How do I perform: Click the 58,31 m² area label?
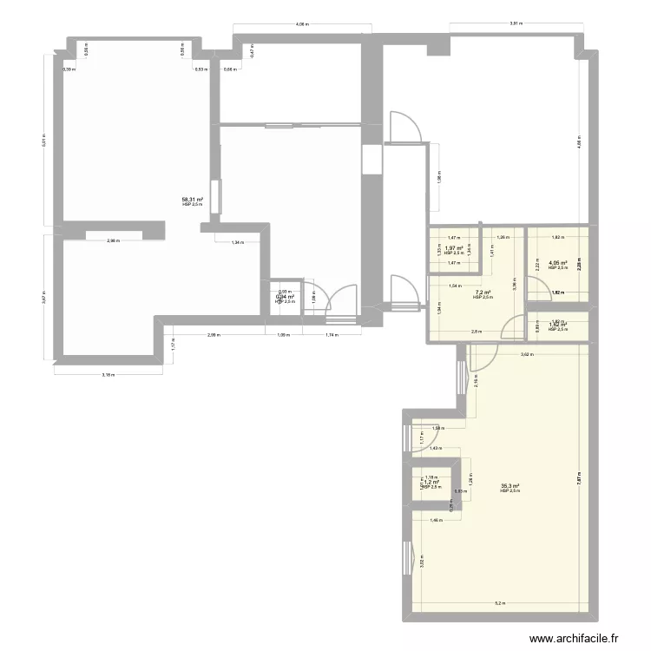point(192,199)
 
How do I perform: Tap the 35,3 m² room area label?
point(510,486)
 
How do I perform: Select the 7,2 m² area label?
point(483,293)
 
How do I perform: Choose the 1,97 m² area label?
point(452,247)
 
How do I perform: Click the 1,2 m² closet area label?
point(431,483)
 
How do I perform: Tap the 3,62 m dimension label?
point(527,354)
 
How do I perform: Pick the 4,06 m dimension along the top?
point(301,25)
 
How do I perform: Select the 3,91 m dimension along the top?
point(516,24)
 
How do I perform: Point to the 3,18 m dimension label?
point(108,375)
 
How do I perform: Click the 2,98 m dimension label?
point(113,241)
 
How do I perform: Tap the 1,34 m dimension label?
point(238,243)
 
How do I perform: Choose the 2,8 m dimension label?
point(476,332)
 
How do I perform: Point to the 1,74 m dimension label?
point(330,335)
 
